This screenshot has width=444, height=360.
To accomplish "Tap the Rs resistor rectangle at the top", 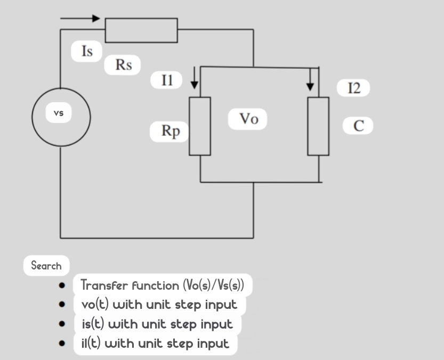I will point(141,30).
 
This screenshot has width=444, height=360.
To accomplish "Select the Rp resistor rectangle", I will point(200,126).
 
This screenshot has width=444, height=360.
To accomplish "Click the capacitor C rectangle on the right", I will point(318,126).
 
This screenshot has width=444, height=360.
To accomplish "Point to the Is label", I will point(87,51).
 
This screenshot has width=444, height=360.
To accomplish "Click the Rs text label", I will point(124,65).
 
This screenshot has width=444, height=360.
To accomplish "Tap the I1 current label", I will point(167,80).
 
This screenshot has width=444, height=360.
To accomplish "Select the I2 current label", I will point(354,88).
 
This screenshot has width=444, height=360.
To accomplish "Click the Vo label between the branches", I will point(248,119).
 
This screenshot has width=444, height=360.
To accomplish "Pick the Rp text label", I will point(171,131).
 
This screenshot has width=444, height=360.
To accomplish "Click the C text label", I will point(359,126).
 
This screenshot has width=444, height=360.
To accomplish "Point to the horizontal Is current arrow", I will point(80,19).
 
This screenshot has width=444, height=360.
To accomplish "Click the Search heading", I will point(46,266).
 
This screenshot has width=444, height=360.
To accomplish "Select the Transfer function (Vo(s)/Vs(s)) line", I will point(162,285).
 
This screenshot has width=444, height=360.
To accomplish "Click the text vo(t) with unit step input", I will point(159,305).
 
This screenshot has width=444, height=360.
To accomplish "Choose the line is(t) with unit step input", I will point(157,324).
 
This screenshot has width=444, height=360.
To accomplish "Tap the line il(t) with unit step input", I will point(155,343).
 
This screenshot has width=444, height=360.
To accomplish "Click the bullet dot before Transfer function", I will point(62,286).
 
